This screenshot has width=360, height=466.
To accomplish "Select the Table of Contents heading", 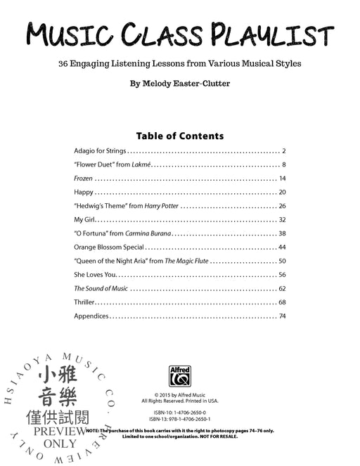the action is click(x=179, y=136).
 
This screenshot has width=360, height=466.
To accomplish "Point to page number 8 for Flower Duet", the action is click(x=283, y=164).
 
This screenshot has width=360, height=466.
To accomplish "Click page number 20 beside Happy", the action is click(x=282, y=192).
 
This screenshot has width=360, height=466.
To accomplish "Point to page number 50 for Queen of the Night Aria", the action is click(x=282, y=261).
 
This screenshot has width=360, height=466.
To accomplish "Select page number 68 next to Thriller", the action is click(x=282, y=302).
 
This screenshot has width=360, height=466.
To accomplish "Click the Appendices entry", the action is click(x=91, y=316).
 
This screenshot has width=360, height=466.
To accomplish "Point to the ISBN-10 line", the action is click(x=179, y=411).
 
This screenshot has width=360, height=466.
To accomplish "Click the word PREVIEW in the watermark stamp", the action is click(x=63, y=431).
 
